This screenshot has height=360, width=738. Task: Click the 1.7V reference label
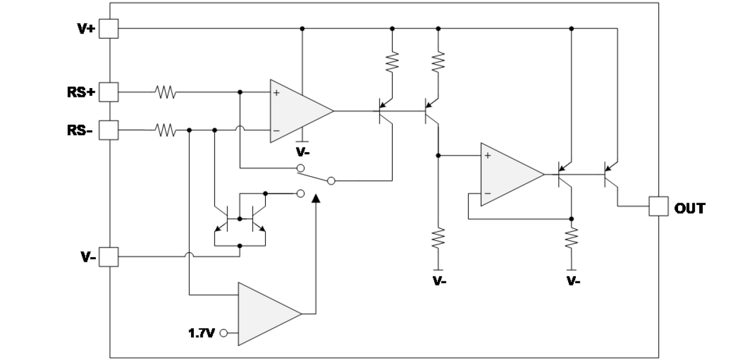201,333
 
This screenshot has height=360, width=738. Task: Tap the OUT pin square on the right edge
658,207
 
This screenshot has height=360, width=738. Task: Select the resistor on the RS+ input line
165,92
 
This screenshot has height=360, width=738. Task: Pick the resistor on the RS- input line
165,130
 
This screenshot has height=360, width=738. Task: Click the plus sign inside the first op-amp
276,93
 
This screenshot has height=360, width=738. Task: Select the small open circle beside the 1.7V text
223,333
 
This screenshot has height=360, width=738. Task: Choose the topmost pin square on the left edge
109,28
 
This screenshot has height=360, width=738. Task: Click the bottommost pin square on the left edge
109,257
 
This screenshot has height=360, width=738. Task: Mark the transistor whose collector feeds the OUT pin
611,174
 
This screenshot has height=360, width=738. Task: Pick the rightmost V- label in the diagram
573,281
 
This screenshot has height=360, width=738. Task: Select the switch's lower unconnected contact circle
300,193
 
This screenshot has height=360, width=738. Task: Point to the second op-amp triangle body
508,174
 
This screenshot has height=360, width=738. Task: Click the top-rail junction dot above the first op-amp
302,28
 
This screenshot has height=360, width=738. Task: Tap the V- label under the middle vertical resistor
439,281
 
